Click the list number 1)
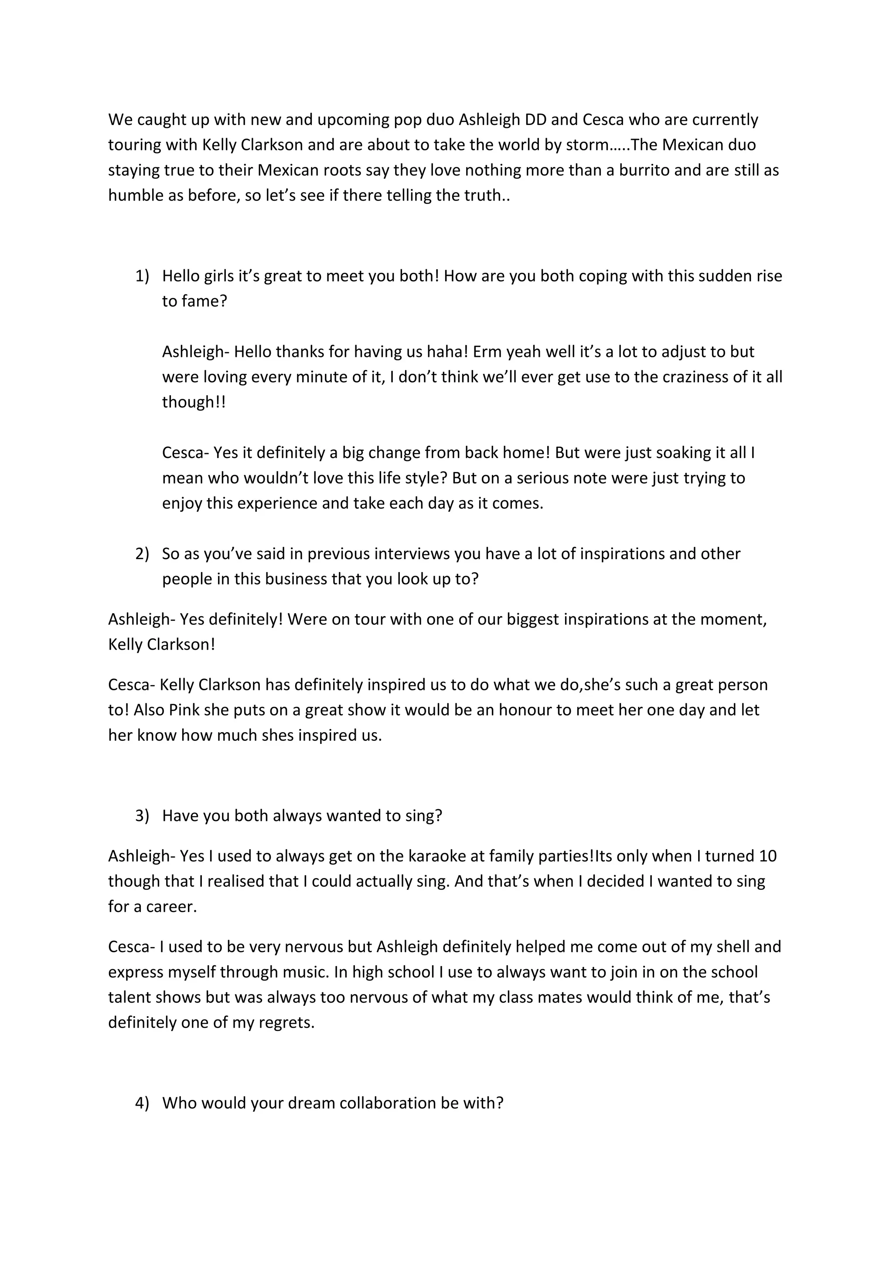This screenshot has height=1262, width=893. [x=142, y=276]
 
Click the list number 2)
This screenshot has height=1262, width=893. [x=142, y=553]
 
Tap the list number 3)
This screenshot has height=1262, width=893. [x=142, y=816]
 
